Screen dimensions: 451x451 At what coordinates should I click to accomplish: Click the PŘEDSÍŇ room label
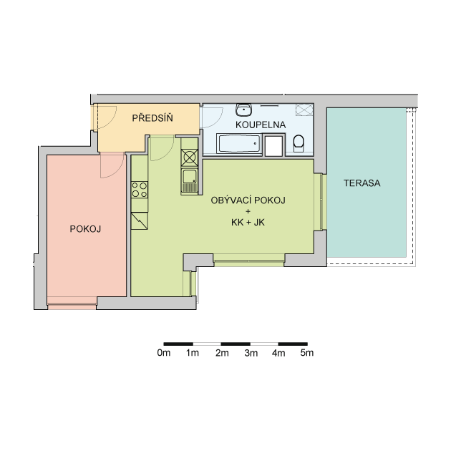point(152,117)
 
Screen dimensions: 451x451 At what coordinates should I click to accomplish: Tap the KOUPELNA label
point(261,125)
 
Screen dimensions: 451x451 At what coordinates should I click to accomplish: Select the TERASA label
point(362,183)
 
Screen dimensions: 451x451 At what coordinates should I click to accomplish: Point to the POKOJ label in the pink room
point(85,229)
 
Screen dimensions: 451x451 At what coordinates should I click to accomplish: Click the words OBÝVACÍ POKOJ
point(248,200)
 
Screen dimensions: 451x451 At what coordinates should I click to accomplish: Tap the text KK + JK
point(248,223)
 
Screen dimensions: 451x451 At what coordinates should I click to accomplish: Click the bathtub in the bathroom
point(239,144)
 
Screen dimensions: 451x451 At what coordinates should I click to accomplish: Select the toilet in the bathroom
point(299,143)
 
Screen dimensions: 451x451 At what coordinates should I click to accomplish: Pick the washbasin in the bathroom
point(244,110)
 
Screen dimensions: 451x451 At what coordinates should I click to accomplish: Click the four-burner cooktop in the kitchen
point(140,190)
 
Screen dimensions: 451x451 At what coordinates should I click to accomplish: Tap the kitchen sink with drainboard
point(190,180)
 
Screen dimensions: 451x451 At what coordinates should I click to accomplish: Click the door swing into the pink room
point(112,165)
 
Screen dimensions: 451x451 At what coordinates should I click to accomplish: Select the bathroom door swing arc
point(212,117)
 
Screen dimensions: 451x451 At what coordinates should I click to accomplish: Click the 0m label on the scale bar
point(164,353)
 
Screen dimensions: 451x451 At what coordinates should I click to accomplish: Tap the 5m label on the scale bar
point(307,353)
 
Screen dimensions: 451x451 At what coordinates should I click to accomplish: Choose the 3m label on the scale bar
point(251,353)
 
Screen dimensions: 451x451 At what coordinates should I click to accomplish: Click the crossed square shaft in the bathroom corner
point(304,110)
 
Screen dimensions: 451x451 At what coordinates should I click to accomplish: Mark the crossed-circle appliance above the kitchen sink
point(190,157)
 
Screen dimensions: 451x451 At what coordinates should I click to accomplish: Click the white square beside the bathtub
point(273,146)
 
